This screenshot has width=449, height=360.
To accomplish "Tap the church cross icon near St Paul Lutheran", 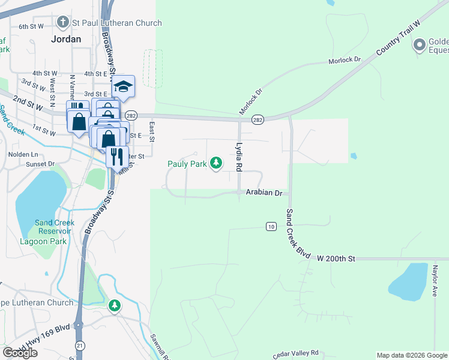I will click(x=62, y=23).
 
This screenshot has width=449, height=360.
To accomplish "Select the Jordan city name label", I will click(x=65, y=38).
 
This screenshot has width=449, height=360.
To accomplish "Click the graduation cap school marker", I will click(x=123, y=87).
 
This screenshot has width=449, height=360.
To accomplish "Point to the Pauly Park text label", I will click(x=187, y=163).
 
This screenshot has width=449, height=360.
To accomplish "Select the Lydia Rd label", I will click(x=239, y=155).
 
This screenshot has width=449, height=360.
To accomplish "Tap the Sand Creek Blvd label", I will click(x=298, y=234).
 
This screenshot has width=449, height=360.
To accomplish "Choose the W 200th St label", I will click(x=337, y=258).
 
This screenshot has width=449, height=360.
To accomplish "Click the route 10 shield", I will click(x=271, y=226).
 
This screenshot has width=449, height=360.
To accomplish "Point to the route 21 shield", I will click(x=80, y=346).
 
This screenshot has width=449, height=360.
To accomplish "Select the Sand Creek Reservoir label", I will click(x=56, y=227).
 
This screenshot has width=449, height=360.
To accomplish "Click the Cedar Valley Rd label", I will click(x=295, y=355).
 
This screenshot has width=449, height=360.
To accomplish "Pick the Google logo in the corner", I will click(x=20, y=353).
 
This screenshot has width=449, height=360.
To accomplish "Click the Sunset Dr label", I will click(x=40, y=163).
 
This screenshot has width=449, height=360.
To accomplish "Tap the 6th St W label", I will click(x=31, y=26).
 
